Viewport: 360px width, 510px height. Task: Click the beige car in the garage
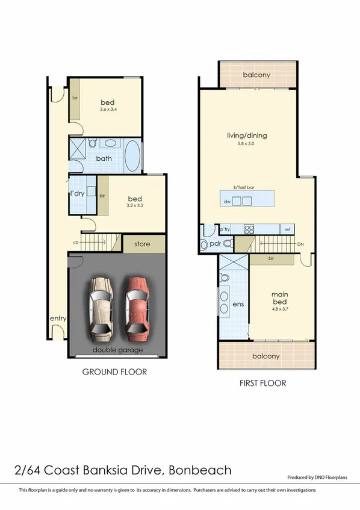(101, 307)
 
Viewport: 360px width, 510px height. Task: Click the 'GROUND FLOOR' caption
(114, 372)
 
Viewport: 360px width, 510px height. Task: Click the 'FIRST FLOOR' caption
(262, 383)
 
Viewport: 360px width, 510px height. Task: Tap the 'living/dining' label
(247, 135)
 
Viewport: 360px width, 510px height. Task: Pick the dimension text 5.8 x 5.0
(247, 144)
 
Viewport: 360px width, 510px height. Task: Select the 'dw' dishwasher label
(228, 201)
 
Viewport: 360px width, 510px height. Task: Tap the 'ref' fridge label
(288, 229)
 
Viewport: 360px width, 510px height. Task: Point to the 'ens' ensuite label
(238, 305)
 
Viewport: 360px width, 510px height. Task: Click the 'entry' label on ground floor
(58, 319)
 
